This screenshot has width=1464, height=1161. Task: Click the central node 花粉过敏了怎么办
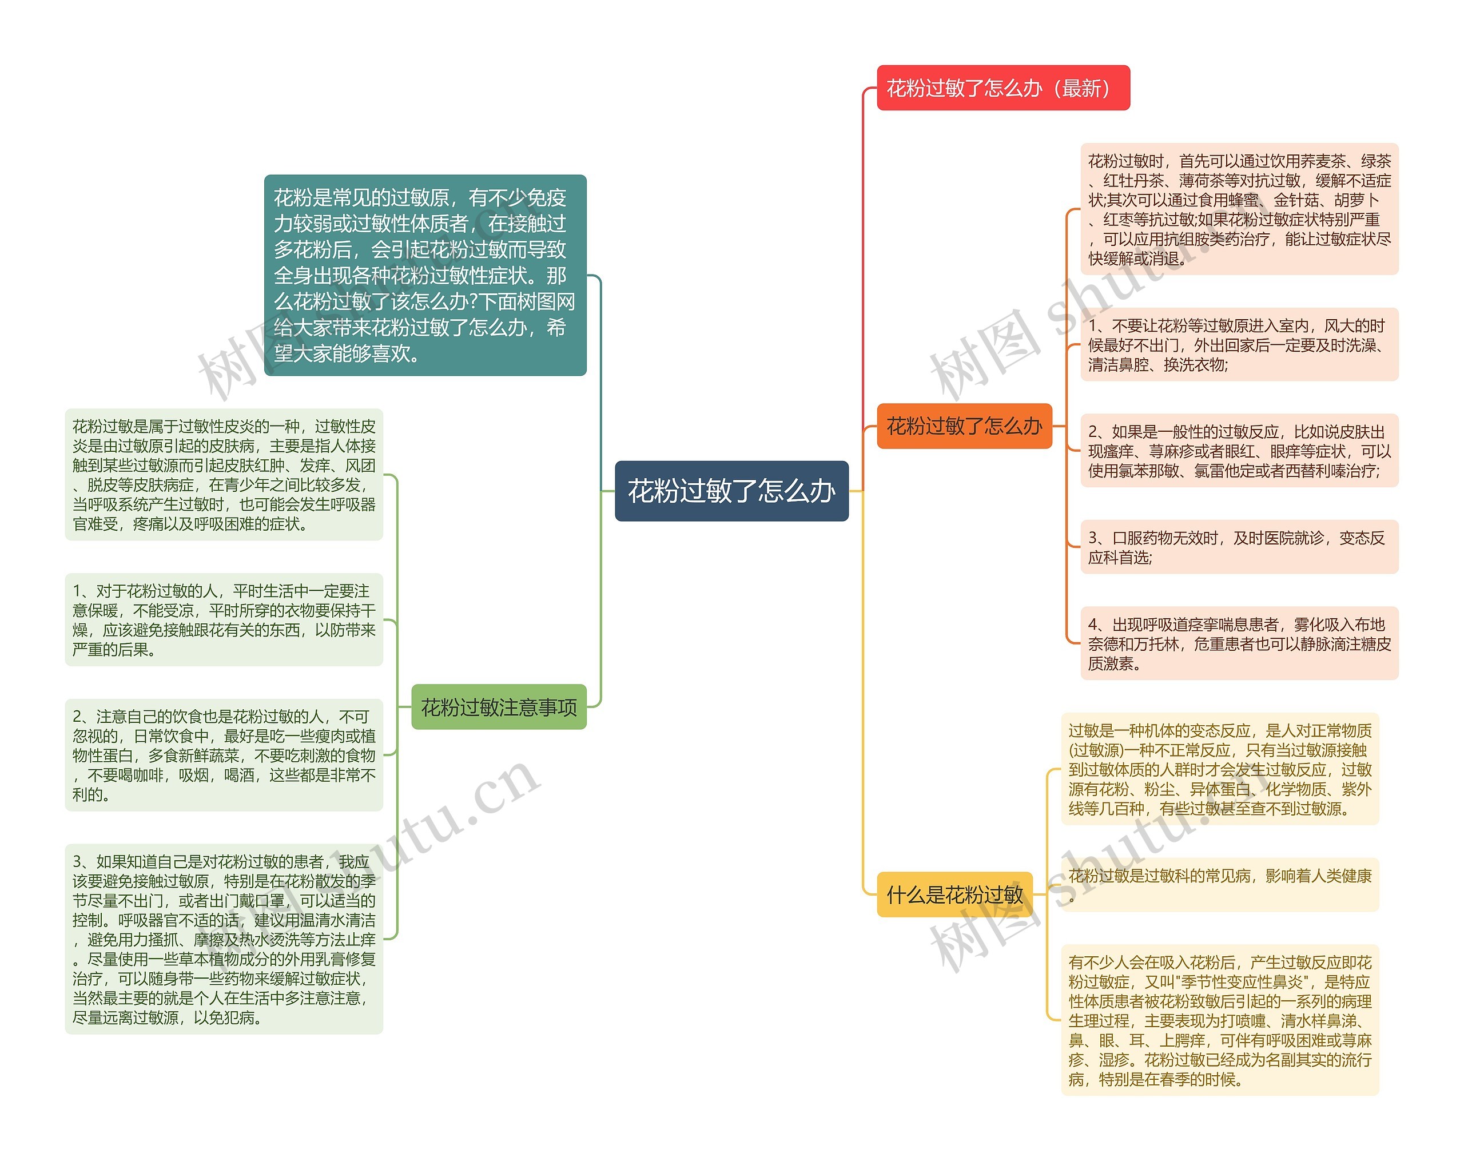click(731, 491)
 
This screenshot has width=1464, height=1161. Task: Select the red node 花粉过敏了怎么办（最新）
click(1002, 88)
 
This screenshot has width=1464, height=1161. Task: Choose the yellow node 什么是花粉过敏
click(954, 894)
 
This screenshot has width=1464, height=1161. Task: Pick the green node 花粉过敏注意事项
click(499, 707)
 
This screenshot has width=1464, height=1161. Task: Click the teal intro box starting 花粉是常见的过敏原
click(425, 275)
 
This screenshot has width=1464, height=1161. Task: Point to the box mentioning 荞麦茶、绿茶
click(1239, 209)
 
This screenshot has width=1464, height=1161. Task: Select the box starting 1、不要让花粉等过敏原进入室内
click(1239, 345)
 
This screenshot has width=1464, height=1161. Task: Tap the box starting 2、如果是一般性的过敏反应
click(1239, 451)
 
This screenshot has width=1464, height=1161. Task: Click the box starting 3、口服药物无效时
click(1239, 547)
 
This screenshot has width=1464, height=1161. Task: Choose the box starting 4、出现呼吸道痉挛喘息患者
click(1239, 643)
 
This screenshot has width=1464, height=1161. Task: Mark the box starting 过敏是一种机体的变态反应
click(1220, 769)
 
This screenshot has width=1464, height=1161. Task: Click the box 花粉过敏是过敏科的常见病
click(1220, 884)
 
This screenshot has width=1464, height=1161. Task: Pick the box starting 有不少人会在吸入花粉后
click(1220, 1020)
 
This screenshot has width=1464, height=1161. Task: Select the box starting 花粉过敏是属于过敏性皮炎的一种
click(224, 475)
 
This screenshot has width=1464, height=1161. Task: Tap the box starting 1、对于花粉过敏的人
click(224, 620)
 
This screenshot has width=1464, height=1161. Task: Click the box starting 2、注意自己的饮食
click(224, 755)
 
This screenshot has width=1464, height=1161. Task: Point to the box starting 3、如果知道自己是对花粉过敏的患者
click(224, 940)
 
